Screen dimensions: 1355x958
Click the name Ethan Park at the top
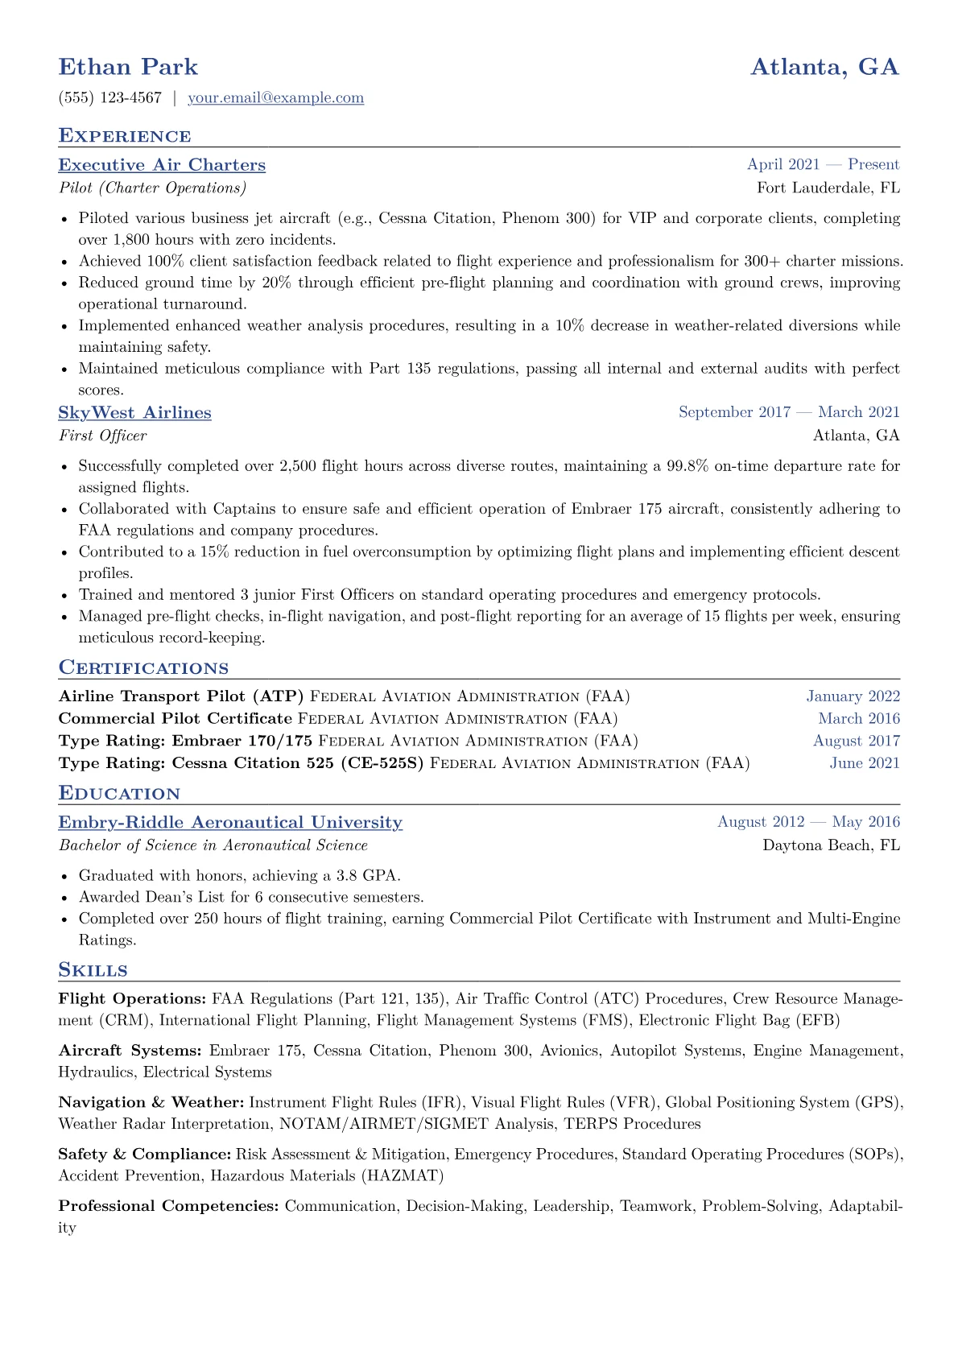[x=128, y=67]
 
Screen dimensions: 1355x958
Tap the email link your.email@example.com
[x=275, y=98]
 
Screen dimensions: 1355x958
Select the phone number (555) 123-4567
[x=110, y=98]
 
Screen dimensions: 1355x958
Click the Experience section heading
[x=125, y=136]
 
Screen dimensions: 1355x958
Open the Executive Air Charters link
[x=162, y=165]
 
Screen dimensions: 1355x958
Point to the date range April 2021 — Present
[x=823, y=165]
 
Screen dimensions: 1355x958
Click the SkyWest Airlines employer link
[x=134, y=413]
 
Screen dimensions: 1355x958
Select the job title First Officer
[x=102, y=436]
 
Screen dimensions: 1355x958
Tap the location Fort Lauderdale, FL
[x=828, y=188]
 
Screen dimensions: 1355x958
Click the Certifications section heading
[x=143, y=668]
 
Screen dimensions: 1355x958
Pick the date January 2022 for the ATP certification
[x=853, y=696]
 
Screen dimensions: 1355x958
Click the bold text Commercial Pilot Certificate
[x=175, y=718]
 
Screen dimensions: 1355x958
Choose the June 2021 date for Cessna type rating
[x=865, y=763]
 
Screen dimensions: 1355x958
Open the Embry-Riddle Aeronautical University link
[x=230, y=823]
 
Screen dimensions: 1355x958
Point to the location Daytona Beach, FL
[x=831, y=845]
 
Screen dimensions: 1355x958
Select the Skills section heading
[x=93, y=970]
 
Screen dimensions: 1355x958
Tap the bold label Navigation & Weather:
[x=151, y=1102]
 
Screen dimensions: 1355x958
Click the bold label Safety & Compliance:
[x=145, y=1155]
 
